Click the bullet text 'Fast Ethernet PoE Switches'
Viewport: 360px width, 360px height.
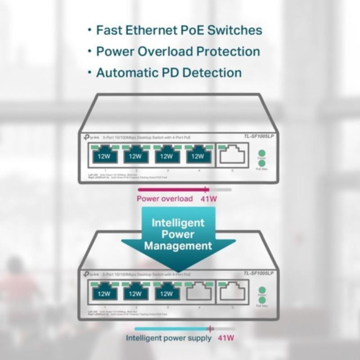[179, 31]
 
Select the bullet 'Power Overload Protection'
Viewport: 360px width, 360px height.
[178, 51]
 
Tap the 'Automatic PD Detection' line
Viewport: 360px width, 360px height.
[169, 72]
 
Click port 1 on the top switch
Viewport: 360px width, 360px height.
[104, 156]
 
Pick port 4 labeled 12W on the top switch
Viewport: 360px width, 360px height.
[198, 156]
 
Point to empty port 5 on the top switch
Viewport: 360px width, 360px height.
[232, 156]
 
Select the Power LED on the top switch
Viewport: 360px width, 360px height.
[261, 153]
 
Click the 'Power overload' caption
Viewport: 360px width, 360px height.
[165, 199]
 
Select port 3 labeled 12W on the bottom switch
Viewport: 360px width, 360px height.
[166, 293]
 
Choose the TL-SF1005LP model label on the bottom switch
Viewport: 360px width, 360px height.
[258, 274]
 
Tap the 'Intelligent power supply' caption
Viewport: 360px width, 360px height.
[168, 338]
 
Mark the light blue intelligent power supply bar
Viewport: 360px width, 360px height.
[171, 328]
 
